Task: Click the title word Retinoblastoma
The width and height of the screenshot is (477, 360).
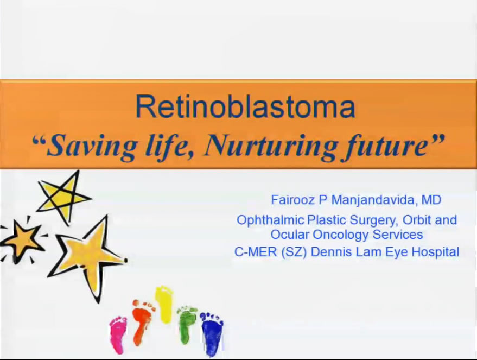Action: tap(245, 107)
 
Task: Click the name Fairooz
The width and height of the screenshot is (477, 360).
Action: tap(292, 200)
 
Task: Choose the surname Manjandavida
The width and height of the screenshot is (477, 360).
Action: tap(373, 200)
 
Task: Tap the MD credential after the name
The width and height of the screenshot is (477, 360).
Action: tap(431, 200)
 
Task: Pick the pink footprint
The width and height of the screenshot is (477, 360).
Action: tap(118, 334)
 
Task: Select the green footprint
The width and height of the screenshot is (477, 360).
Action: tap(186, 324)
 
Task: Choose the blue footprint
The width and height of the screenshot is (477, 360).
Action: tap(212, 334)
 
